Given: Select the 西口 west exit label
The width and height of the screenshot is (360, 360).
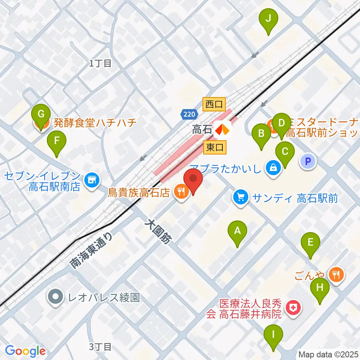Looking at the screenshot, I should pyautogui.click(x=214, y=104).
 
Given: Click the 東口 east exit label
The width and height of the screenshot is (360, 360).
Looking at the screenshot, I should pyautogui.click(x=215, y=147).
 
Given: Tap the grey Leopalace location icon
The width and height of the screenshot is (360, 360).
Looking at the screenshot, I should pyautogui.click(x=55, y=297).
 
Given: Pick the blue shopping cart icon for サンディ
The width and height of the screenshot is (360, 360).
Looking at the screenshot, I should pyautogui.click(x=240, y=198).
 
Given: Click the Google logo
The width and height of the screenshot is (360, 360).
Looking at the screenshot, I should pyautogui.click(x=25, y=351).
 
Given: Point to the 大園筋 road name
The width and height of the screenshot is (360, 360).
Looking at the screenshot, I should pyautogui.click(x=157, y=233).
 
